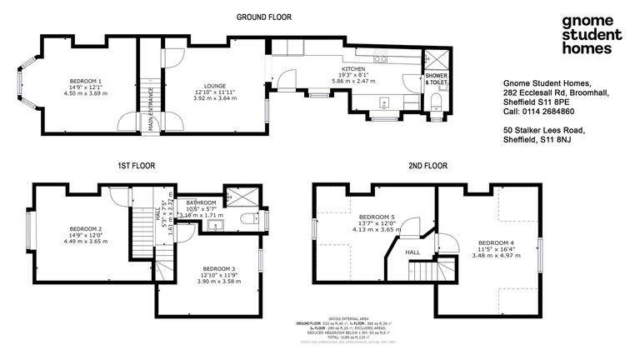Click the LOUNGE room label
[210, 85]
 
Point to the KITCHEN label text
[354, 68]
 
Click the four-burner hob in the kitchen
[381, 59]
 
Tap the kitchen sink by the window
[383, 103]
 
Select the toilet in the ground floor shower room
[436, 102]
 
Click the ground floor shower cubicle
[435, 62]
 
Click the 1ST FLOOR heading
[138, 167]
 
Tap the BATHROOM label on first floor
[201, 202]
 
